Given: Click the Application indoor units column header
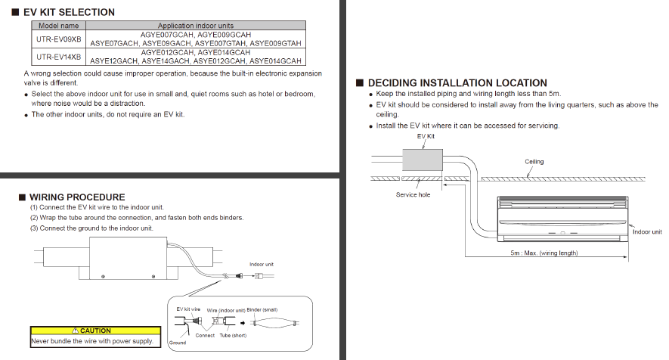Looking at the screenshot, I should [195, 26].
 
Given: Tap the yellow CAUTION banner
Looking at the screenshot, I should [95, 331].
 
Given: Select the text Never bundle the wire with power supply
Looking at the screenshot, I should [92, 341].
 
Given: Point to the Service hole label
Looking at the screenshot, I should [413, 195].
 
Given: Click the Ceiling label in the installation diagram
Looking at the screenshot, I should [534, 162].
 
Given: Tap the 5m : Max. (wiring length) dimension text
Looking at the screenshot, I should [544, 253].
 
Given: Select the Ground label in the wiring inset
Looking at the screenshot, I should [177, 343].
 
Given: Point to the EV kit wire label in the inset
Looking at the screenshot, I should [188, 309].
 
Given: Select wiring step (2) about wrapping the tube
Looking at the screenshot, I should [137, 218].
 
